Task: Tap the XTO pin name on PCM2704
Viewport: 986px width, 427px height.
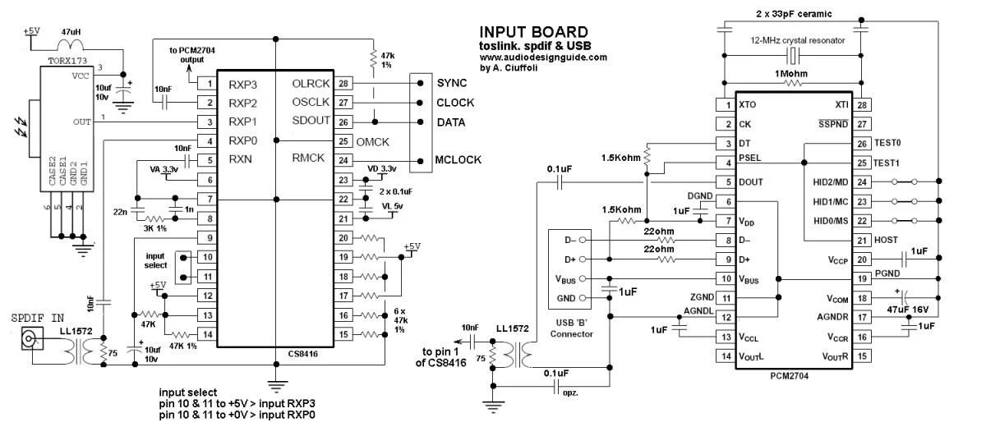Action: tap(748, 105)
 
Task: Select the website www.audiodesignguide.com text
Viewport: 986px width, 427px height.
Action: tap(543, 57)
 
